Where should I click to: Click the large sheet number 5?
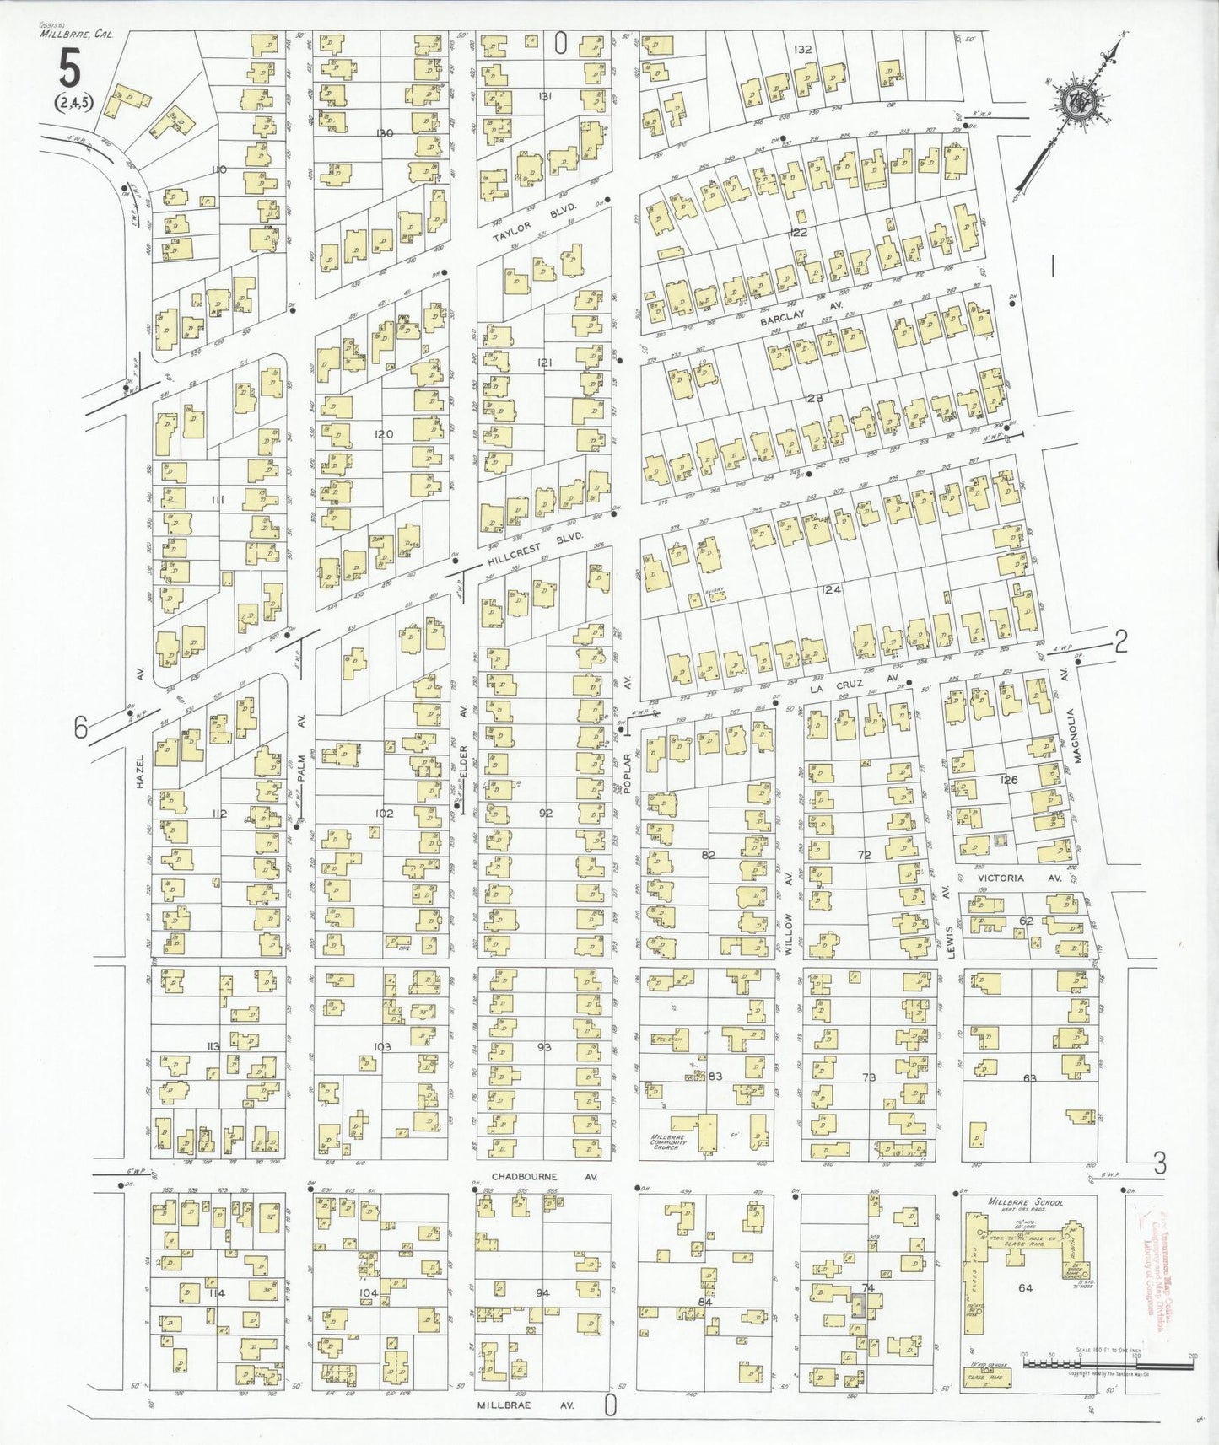pyautogui.click(x=69, y=68)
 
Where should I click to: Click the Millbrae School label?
pyautogui.click(x=1024, y=1202)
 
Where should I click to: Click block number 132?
pyautogui.click(x=801, y=50)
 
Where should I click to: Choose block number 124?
pyautogui.click(x=831, y=590)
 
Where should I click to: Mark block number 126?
pyautogui.click(x=1009, y=780)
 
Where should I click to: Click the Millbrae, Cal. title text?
pyautogui.click(x=75, y=35)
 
